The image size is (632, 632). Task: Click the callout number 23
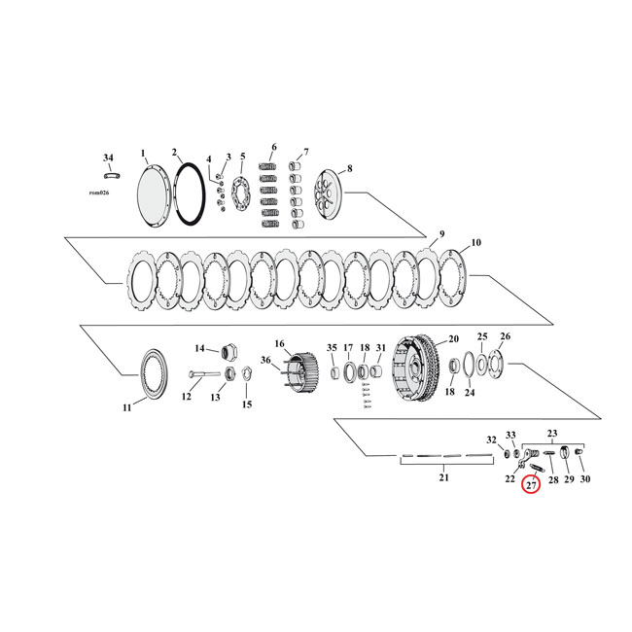coord(553,434)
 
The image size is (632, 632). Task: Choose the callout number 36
coord(265,361)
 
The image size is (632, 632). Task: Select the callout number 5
coord(242,157)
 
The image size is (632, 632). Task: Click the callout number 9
coord(440,234)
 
